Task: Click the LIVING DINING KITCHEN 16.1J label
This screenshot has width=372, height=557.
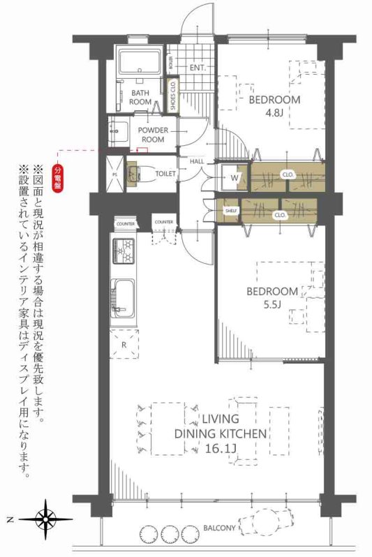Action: pos(221,433)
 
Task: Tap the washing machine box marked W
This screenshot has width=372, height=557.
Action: pos(233,177)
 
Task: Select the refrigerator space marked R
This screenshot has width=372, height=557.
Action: pos(124,344)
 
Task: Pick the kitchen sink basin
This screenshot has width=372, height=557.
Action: pos(124,297)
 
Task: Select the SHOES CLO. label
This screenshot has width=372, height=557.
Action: pos(172,96)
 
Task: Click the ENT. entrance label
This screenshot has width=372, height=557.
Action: pos(196,68)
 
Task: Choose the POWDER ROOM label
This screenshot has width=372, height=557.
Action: pos(151,135)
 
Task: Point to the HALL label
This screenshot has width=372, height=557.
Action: pos(196,162)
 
